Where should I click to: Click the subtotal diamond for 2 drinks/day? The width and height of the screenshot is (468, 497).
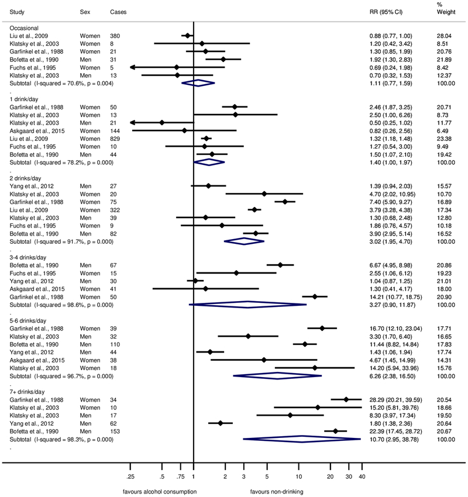coord(245,241)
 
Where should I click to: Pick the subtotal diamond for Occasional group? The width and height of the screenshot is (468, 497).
coord(199,84)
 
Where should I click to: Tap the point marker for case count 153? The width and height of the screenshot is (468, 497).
coord(335,432)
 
